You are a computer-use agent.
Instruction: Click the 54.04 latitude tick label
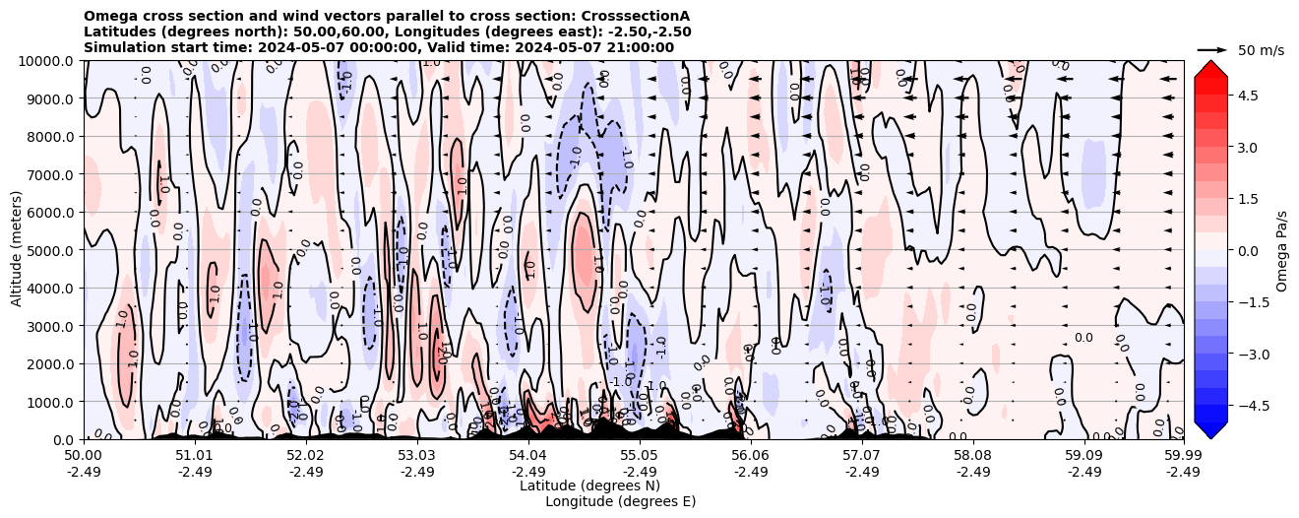coord(527,457)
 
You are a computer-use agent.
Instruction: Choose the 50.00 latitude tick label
coord(84,457)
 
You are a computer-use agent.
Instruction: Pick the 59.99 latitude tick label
coord(1183,457)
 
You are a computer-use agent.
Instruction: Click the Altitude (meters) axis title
coord(17,250)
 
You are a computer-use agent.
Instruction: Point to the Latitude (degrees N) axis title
coord(589,486)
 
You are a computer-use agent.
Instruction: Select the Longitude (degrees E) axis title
coord(620,501)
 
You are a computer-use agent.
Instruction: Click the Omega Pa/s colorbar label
coord(1282,250)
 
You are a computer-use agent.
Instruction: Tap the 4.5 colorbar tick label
coord(1249,95)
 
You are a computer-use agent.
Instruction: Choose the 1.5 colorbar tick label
coord(1249,199)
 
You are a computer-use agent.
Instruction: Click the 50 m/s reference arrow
coord(1211,49)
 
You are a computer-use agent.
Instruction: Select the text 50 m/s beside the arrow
coord(1261,50)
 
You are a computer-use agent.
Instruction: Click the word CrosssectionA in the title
coord(637,16)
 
